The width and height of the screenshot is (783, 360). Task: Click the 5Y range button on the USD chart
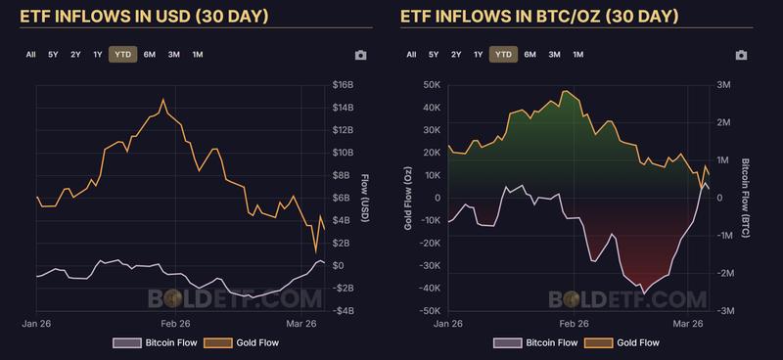pyautogui.click(x=53, y=55)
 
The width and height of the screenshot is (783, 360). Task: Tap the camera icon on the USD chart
pyautogui.click(x=361, y=56)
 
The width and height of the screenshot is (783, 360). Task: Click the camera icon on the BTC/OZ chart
pyautogui.click(x=741, y=56)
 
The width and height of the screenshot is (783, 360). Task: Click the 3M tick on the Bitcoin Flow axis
pyautogui.click(x=725, y=85)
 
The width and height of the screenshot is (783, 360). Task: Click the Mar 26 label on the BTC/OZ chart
pyautogui.click(x=690, y=323)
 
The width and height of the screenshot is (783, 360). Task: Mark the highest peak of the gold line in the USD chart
pyautogui.click(x=163, y=99)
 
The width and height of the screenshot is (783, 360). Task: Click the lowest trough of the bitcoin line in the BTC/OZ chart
pyautogui.click(x=643, y=291)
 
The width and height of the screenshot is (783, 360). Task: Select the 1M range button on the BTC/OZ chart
pyautogui.click(x=578, y=55)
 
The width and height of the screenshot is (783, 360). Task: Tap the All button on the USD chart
pyautogui.click(x=31, y=55)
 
